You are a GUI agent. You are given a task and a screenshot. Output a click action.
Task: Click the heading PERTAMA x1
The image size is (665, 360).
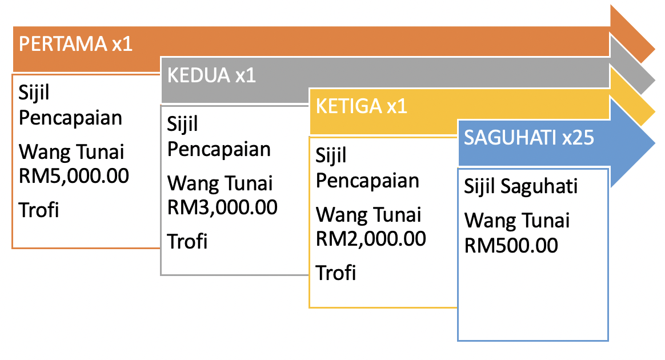(75, 44)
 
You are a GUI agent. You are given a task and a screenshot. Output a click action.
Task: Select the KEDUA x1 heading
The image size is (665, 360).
(211, 75)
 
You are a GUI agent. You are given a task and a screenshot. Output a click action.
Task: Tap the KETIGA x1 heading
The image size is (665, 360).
(361, 106)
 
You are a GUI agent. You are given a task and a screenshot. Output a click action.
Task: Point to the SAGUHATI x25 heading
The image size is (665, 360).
(529, 138)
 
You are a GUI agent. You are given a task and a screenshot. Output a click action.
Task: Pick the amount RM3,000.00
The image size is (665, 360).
(222, 208)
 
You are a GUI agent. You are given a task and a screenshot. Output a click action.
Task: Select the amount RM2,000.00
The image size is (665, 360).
(371, 239)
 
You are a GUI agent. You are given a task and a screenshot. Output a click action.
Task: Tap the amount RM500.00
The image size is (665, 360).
(511, 246)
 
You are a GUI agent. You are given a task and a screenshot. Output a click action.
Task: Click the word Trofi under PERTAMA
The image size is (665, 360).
(39, 210)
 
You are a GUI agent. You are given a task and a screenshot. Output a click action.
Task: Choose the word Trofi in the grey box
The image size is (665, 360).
(187, 242)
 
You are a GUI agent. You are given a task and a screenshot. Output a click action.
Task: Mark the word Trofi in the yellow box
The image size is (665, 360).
(335, 273)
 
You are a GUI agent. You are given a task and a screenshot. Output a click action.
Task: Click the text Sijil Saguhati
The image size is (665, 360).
(521, 187)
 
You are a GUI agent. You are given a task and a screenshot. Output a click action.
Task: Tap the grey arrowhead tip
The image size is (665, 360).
(655, 79)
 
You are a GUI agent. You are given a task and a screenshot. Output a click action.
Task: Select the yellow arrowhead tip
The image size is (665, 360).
(655, 111)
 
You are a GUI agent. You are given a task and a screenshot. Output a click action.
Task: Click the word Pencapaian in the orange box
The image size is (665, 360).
(70, 118)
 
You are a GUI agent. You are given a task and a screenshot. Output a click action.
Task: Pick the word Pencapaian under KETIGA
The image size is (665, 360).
(367, 181)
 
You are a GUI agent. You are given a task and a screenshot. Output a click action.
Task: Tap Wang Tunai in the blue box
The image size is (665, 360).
(517, 221)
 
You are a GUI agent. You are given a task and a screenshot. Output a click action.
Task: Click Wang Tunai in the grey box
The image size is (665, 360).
(220, 184)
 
